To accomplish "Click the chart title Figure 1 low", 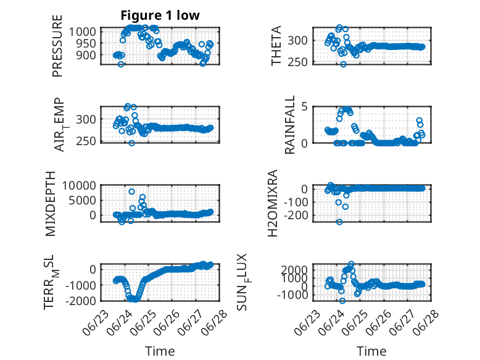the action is (x=160, y=15).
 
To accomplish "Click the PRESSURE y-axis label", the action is (x=57, y=46).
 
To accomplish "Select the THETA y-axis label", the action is (x=276, y=46).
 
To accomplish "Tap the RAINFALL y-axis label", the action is (x=289, y=124).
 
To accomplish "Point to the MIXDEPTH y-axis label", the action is (x=51, y=204).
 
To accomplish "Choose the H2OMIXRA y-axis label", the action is (x=272, y=203).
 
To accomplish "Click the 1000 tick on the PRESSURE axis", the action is (x=82, y=31).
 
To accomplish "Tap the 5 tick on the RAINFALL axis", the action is (x=304, y=107).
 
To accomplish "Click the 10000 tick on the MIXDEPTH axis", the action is (x=79, y=185).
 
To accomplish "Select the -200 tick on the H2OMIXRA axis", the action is (x=296, y=216).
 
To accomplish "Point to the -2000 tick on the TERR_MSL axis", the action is (x=80, y=301).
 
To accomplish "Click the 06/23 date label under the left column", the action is (x=96, y=323).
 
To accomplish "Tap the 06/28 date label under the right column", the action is (x=426, y=323).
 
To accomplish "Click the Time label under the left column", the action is (x=160, y=351).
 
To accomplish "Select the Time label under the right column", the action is (x=371, y=351).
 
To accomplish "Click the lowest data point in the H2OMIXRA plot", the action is (x=339, y=222).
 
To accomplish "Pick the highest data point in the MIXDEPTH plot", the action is (x=131, y=191).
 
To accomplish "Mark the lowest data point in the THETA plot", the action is (x=344, y=64).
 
